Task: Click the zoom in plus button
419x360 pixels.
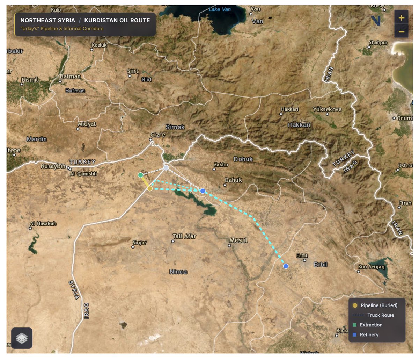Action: (401, 17)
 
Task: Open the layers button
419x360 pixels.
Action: (22, 338)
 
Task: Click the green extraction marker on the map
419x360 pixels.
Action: (140, 175)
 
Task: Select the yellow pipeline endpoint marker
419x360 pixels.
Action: (150, 188)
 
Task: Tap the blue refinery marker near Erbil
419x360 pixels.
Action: (286, 266)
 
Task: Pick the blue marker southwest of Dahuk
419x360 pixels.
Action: (203, 191)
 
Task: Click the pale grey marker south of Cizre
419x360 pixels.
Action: (166, 168)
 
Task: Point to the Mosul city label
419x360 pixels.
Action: (238, 240)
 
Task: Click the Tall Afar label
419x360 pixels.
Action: (185, 236)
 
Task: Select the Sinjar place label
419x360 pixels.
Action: (140, 242)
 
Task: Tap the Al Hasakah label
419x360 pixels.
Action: (43, 223)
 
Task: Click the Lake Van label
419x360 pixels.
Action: (220, 9)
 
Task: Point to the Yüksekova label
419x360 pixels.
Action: (327, 109)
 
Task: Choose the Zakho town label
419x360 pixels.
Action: (221, 164)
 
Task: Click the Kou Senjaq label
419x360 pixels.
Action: (372, 267)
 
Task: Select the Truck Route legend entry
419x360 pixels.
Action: (380, 315)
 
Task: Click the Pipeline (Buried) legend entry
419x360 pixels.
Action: (379, 305)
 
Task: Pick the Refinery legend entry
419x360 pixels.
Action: (369, 334)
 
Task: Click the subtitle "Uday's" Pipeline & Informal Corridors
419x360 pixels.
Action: (62, 29)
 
